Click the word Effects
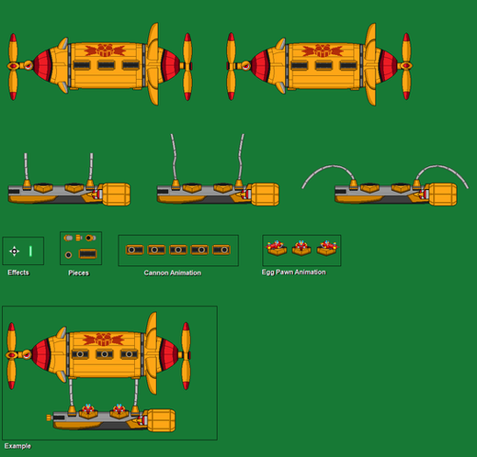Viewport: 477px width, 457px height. tap(18, 273)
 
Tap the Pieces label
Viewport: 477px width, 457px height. tap(79, 273)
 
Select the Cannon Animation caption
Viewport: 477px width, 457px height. tap(173, 273)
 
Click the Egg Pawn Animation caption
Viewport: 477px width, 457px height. tap(294, 273)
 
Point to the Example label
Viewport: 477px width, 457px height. tap(17, 446)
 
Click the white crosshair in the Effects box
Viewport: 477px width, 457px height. tap(14, 251)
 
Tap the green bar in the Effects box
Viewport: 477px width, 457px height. tap(30, 251)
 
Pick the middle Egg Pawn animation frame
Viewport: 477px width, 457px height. tap(301, 248)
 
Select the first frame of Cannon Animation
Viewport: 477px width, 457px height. tap(134, 250)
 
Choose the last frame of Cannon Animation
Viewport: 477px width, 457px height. tap(221, 250)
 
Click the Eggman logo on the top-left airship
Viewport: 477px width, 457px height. tap(105, 50)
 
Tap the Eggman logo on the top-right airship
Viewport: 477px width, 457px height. tap(323, 50)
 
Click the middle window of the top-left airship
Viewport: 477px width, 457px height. tap(106, 65)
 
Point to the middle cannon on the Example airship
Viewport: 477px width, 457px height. tap(105, 354)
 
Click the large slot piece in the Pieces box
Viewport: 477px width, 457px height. tap(88, 254)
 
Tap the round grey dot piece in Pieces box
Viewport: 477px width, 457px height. tap(68, 255)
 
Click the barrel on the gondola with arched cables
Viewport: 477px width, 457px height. tap(442, 195)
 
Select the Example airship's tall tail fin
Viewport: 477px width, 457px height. tap(151, 353)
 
